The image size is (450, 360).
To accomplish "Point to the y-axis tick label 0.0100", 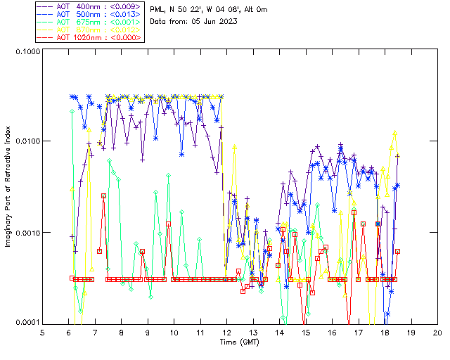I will pos(27,142).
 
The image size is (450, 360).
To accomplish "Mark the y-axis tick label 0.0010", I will pos(27,233).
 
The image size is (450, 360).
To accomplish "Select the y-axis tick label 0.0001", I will pos(27,323).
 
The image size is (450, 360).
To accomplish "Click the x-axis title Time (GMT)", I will pos(239,342).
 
